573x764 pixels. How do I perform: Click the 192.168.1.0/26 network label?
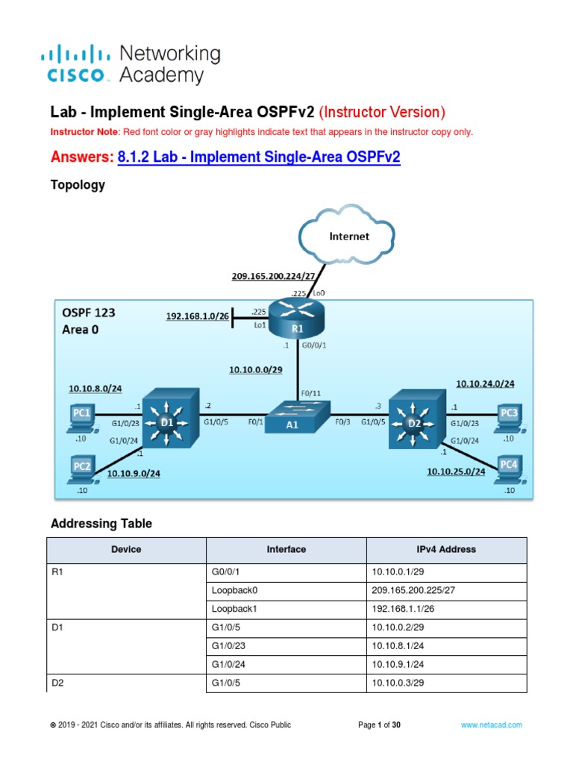coord(198,316)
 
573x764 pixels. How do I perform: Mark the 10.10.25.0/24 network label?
coord(456,472)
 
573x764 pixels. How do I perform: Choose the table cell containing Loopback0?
coord(286,589)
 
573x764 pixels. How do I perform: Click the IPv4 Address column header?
coord(446,549)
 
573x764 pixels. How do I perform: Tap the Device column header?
coord(126,549)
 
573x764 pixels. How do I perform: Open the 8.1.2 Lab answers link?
coord(259,157)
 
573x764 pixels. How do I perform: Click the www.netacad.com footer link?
coord(491,724)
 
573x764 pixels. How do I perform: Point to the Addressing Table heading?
coord(101,524)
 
